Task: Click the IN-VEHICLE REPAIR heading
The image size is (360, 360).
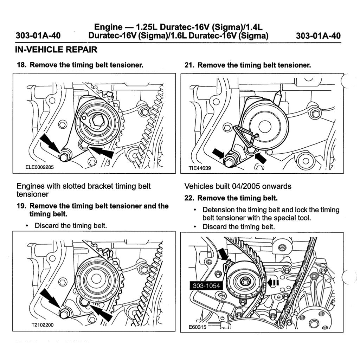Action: (x=56, y=50)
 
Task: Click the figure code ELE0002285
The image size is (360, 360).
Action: (x=40, y=167)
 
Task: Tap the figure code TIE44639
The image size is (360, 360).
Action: (x=200, y=168)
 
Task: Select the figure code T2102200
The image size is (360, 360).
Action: (x=42, y=325)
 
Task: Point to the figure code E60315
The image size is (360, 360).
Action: (x=198, y=327)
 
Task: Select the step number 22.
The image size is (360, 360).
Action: (x=190, y=198)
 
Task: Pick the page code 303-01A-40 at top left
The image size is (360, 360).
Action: (x=38, y=36)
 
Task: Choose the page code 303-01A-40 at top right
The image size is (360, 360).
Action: (x=318, y=36)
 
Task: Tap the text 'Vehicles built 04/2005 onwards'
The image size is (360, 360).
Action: (x=238, y=186)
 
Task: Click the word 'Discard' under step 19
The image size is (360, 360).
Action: (x=47, y=225)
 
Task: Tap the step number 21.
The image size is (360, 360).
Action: (x=190, y=65)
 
